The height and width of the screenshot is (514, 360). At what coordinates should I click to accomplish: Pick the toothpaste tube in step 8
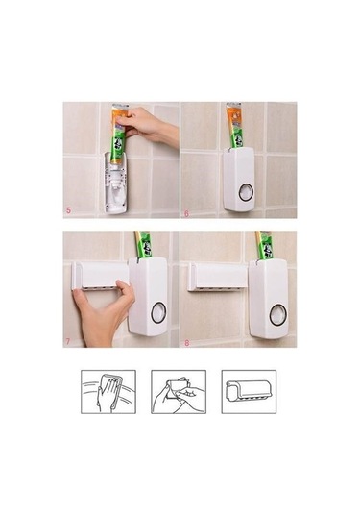[x=265, y=244]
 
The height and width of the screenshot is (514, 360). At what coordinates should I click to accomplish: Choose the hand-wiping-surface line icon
[x=107, y=392]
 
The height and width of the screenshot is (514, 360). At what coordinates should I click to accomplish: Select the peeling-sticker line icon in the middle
[x=179, y=392]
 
